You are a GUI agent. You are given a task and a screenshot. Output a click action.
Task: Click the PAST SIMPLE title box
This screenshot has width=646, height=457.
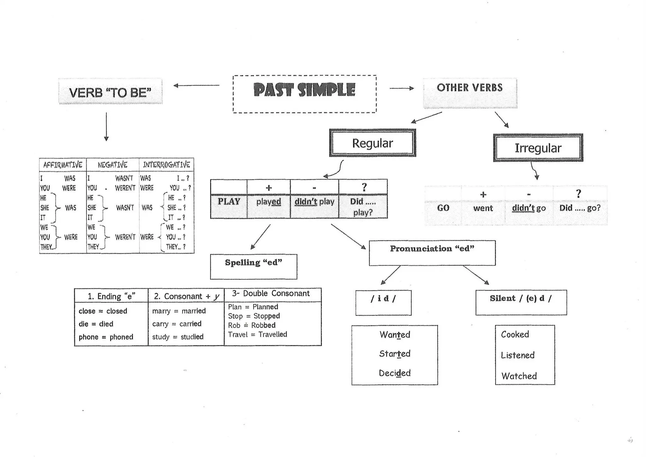pos(304,94)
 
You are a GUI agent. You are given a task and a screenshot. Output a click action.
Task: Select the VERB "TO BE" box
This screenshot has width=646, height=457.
pos(110,92)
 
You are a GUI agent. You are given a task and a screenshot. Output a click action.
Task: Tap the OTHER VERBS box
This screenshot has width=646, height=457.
pos(470,93)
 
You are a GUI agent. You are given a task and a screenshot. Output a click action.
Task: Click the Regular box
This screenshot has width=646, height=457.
pos(373,143)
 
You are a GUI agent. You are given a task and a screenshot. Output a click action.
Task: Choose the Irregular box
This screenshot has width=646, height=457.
pos(538,148)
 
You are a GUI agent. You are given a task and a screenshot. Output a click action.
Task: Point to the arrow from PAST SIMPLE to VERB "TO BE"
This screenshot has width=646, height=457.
pos(196,85)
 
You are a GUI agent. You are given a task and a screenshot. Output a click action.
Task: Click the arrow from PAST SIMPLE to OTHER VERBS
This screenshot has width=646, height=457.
pos(402,88)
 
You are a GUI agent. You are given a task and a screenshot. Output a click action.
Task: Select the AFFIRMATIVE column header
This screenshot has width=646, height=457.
pos(63,165)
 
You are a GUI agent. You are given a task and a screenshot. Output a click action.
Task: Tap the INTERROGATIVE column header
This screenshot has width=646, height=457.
pos(167,165)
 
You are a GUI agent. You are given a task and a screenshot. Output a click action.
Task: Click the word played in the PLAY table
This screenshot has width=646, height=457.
pos(268,202)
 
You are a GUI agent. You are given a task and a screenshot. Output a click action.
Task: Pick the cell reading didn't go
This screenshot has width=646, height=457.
pos(529,208)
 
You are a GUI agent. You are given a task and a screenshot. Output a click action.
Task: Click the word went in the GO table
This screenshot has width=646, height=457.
pos(483,208)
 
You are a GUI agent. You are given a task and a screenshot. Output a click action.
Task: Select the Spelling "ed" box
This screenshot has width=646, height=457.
pos(254,266)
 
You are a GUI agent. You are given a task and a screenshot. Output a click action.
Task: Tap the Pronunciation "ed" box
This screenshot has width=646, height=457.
pos(432,253)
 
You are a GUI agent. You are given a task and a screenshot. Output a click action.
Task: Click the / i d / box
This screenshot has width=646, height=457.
pos(383,302)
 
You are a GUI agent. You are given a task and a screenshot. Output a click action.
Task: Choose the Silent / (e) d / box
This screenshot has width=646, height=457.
pos(521,302)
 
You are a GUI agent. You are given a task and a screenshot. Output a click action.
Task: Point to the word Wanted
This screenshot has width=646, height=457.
pos(395,335)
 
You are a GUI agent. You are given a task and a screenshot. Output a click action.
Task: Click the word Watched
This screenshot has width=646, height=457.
pos(519,376)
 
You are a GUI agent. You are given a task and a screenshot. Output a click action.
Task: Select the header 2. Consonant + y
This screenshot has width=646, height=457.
pos(186,296)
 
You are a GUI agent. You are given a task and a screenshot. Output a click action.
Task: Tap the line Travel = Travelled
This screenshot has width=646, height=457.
pos(257,334)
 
